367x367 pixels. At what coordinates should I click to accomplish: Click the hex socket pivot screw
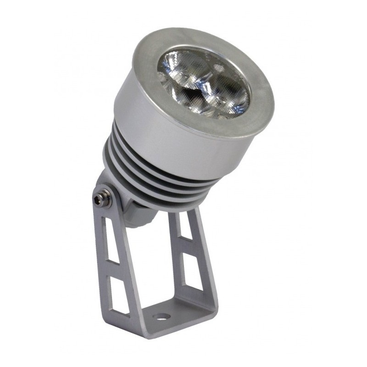[98, 199]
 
